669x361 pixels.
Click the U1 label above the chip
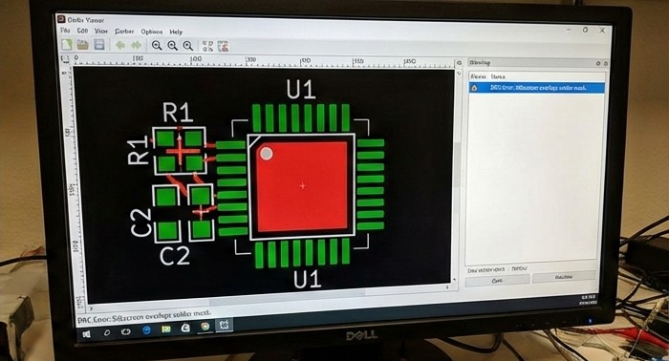(301, 90)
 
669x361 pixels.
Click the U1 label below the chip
(306, 279)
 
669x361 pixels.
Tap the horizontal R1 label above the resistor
(178, 112)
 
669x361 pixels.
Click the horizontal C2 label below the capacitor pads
(175, 255)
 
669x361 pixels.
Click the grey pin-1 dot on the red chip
(267, 153)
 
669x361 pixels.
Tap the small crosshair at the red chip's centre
(303, 184)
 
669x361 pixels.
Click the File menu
(66, 32)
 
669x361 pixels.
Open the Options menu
(152, 32)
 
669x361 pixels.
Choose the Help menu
(176, 32)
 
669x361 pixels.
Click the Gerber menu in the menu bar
(124, 32)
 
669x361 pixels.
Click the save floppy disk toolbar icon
(99, 45)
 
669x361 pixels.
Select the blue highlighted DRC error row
(535, 87)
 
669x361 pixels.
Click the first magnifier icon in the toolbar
(157, 45)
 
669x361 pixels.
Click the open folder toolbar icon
(83, 45)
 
